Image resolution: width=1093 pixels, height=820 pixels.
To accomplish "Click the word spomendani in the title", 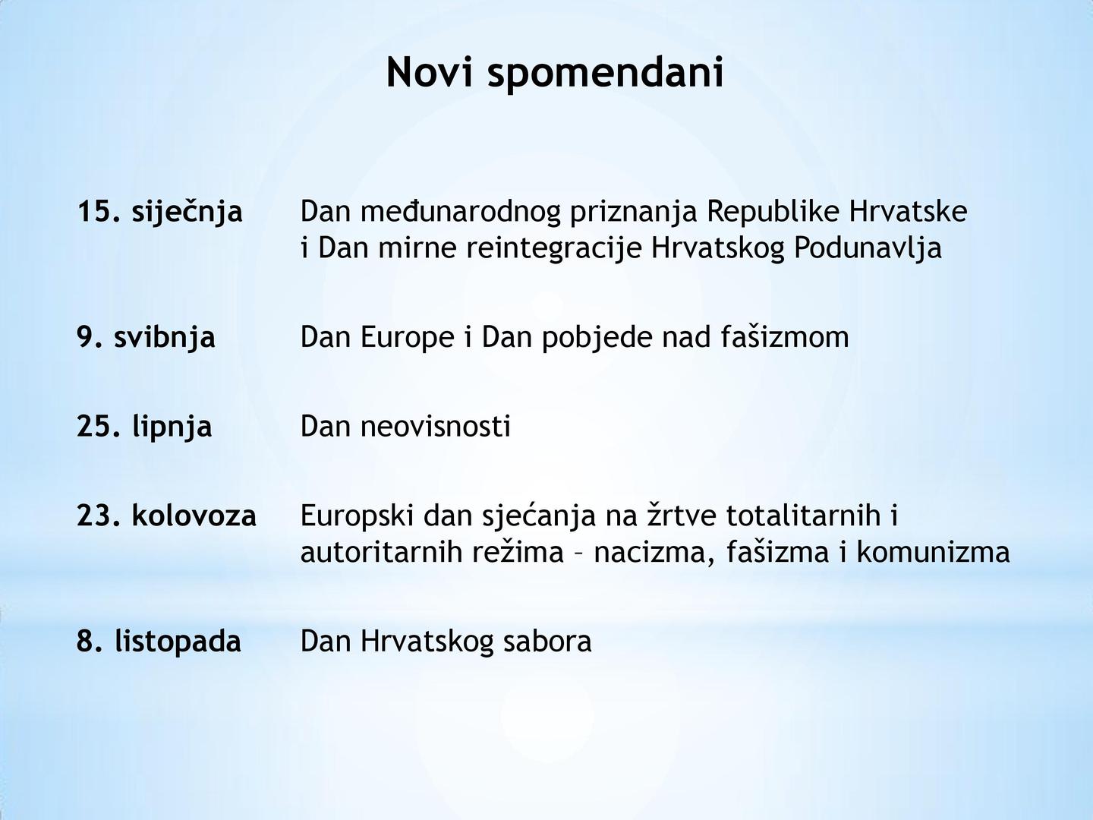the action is [x=605, y=74].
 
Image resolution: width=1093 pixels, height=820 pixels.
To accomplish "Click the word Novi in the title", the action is [x=430, y=71].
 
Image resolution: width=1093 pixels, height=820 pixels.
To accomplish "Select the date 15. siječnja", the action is [x=160, y=212].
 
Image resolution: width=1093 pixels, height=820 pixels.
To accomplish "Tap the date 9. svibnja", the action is [x=146, y=338].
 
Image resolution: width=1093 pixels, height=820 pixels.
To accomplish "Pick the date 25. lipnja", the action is [x=144, y=427].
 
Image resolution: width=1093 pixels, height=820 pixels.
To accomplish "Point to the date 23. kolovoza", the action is [x=167, y=516].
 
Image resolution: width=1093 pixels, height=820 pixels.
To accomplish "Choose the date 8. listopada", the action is [x=159, y=642].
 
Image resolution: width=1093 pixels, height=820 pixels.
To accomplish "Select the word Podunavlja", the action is [x=868, y=248].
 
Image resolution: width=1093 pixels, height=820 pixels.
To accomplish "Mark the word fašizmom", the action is [x=785, y=337].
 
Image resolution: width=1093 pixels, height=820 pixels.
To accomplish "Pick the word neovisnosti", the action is [x=436, y=427].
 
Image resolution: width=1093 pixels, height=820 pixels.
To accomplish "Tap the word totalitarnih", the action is [x=803, y=516].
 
